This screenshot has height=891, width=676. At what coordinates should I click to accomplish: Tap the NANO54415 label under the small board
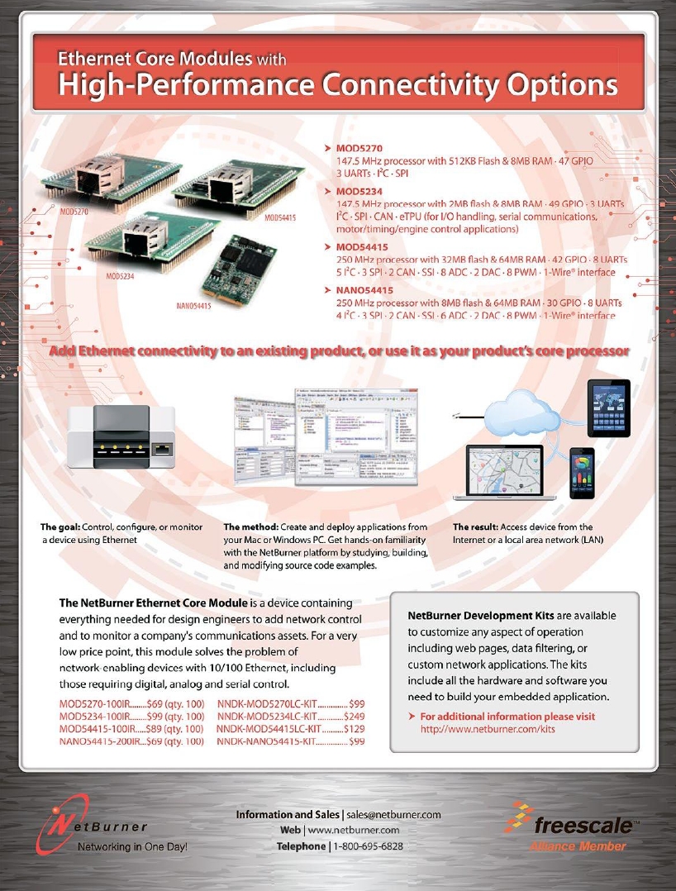tap(194, 306)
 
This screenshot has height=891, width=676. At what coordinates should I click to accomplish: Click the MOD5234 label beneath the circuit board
tap(123, 276)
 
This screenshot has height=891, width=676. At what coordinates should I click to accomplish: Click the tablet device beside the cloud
tap(608, 408)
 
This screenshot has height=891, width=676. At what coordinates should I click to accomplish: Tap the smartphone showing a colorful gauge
tap(583, 473)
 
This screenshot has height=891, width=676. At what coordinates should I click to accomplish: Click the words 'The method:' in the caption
tap(251, 526)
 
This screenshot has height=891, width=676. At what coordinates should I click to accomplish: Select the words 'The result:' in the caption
tap(479, 526)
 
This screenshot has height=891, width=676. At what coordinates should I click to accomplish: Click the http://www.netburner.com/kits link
tap(488, 729)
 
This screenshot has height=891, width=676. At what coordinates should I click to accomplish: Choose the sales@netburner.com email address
tap(393, 814)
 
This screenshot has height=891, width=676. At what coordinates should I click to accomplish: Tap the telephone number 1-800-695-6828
tap(368, 846)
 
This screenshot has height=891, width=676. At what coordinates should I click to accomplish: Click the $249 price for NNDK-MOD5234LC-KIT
tap(354, 716)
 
